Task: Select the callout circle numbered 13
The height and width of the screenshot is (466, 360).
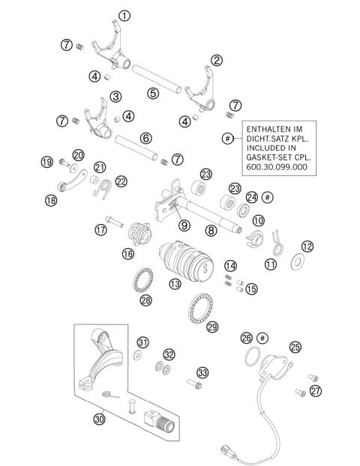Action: [175, 284]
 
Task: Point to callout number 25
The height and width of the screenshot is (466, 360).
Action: [295, 346]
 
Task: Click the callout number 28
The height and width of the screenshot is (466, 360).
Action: [146, 301]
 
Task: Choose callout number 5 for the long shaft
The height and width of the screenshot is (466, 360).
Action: [153, 94]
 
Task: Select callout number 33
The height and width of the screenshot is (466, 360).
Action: [202, 372]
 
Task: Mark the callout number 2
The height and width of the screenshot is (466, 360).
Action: [216, 60]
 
